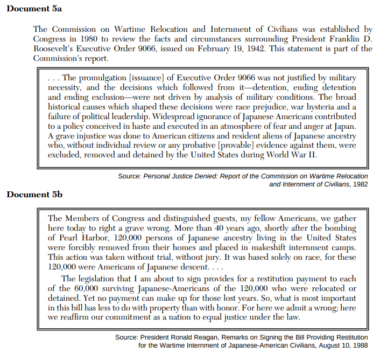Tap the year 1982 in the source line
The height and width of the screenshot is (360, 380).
click(x=360, y=184)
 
